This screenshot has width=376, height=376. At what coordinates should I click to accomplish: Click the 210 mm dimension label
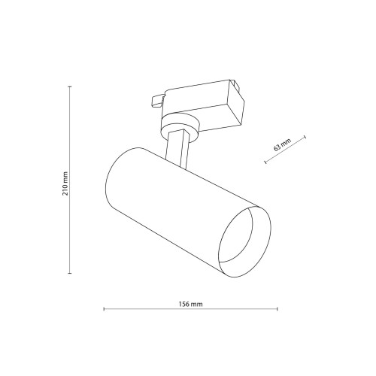pyautogui.click(x=65, y=183)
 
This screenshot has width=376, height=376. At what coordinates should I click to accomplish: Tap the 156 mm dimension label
pyautogui.click(x=190, y=305)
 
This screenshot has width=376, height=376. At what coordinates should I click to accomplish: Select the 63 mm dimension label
pyautogui.click(x=282, y=144)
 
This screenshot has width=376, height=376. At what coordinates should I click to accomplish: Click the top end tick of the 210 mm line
pyautogui.click(x=70, y=86)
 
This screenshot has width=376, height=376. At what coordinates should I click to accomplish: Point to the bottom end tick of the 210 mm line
pyautogui.click(x=70, y=273)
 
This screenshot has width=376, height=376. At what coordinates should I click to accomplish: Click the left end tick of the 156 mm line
pyautogui.click(x=104, y=309)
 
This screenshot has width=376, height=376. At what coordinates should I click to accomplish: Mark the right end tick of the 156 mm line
pyautogui.click(x=277, y=309)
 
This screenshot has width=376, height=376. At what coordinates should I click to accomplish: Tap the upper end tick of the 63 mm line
pyautogui.click(x=305, y=137)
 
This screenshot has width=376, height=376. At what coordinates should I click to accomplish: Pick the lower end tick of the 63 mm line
pyautogui.click(x=265, y=162)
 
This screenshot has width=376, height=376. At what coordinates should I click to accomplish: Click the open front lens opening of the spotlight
pyautogui.click(x=244, y=242)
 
